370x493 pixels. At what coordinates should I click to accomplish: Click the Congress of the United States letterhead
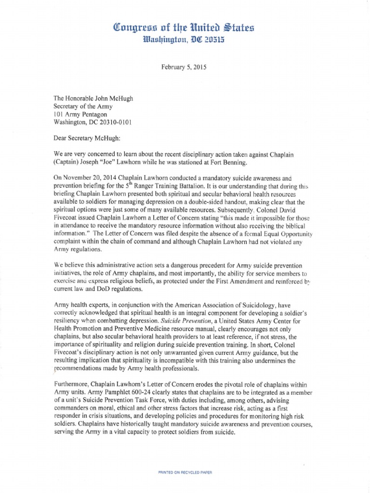pyautogui.click(x=185, y=28)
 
